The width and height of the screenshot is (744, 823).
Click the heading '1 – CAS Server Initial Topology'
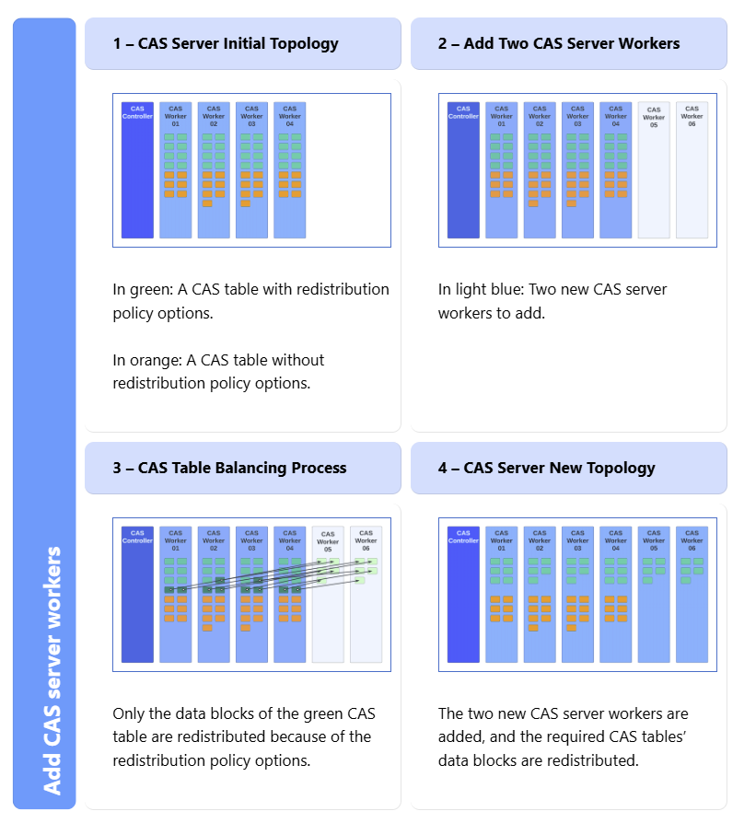click(226, 43)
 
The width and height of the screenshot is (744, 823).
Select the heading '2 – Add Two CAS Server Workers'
click(559, 43)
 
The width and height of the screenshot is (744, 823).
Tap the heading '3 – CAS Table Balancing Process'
click(229, 468)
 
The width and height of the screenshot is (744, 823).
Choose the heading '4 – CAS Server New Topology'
click(546, 468)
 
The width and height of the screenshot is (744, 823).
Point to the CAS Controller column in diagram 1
click(137, 170)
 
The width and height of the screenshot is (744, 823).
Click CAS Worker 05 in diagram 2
click(654, 170)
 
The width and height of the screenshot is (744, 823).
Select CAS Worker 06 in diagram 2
click(692, 170)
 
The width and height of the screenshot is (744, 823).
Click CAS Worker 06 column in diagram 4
click(692, 595)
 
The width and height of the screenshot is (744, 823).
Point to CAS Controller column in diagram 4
click(463, 595)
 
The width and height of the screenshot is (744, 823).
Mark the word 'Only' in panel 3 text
click(128, 713)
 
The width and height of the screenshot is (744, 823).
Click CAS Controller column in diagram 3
click(137, 595)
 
